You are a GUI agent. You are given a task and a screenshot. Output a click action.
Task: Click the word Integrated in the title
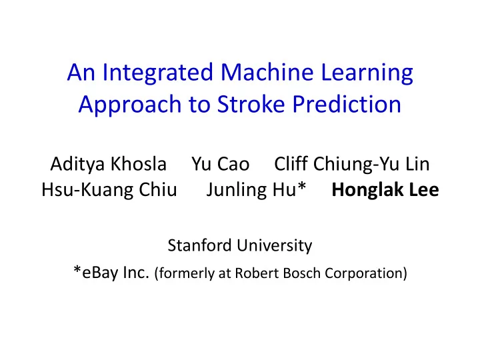[157, 73]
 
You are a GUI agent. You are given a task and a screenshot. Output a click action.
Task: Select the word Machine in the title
[267, 72]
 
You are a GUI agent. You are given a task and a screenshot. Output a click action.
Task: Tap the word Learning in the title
[367, 73]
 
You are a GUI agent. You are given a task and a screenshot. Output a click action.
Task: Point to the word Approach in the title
[130, 105]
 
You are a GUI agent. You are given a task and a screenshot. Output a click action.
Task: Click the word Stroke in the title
[251, 104]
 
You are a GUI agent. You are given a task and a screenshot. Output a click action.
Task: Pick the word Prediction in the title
[347, 104]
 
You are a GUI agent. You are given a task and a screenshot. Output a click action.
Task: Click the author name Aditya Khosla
[109, 165]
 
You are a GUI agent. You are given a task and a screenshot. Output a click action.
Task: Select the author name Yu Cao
[221, 164]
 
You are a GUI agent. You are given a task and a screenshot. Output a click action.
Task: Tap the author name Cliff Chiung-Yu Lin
[352, 165]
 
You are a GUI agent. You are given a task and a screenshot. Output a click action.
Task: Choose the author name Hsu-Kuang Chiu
[109, 190]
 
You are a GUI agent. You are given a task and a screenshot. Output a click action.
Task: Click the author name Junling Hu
[252, 190]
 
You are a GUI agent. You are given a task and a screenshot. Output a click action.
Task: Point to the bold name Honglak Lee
[385, 190]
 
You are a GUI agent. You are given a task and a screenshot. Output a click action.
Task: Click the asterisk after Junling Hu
[302, 186]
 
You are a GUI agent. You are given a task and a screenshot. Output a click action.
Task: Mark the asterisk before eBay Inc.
[77, 270]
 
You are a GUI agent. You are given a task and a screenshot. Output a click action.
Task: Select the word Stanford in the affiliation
[199, 245]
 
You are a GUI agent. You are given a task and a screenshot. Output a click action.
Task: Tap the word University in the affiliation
[274, 246]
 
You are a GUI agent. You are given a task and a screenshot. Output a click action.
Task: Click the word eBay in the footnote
[100, 273]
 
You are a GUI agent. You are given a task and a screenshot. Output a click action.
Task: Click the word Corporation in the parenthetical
[364, 274]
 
